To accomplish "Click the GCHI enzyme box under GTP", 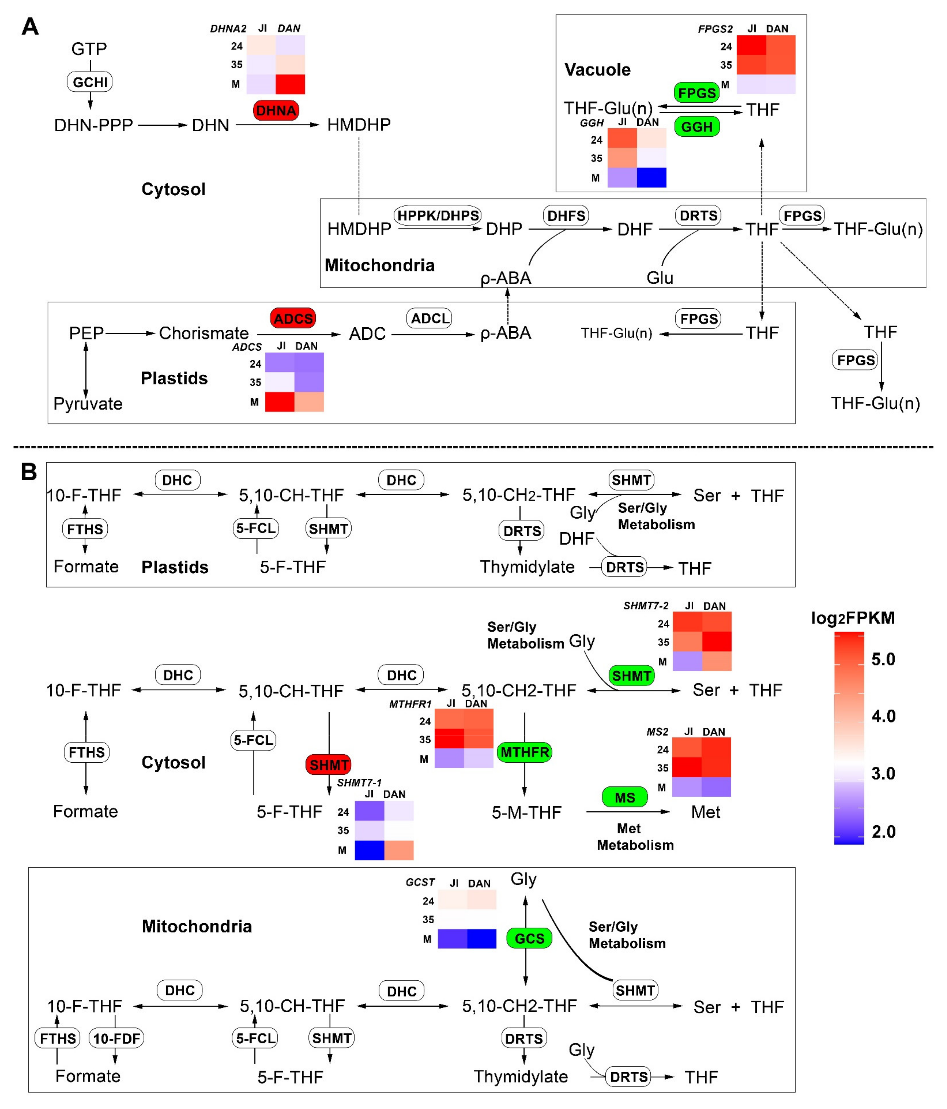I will (90, 82).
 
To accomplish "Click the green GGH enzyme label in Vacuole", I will (697, 127).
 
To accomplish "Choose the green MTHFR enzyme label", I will (524, 752).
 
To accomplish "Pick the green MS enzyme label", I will (624, 797).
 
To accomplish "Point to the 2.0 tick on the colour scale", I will (883, 831).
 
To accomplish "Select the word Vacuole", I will (597, 70).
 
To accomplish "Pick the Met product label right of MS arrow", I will (705, 812).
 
